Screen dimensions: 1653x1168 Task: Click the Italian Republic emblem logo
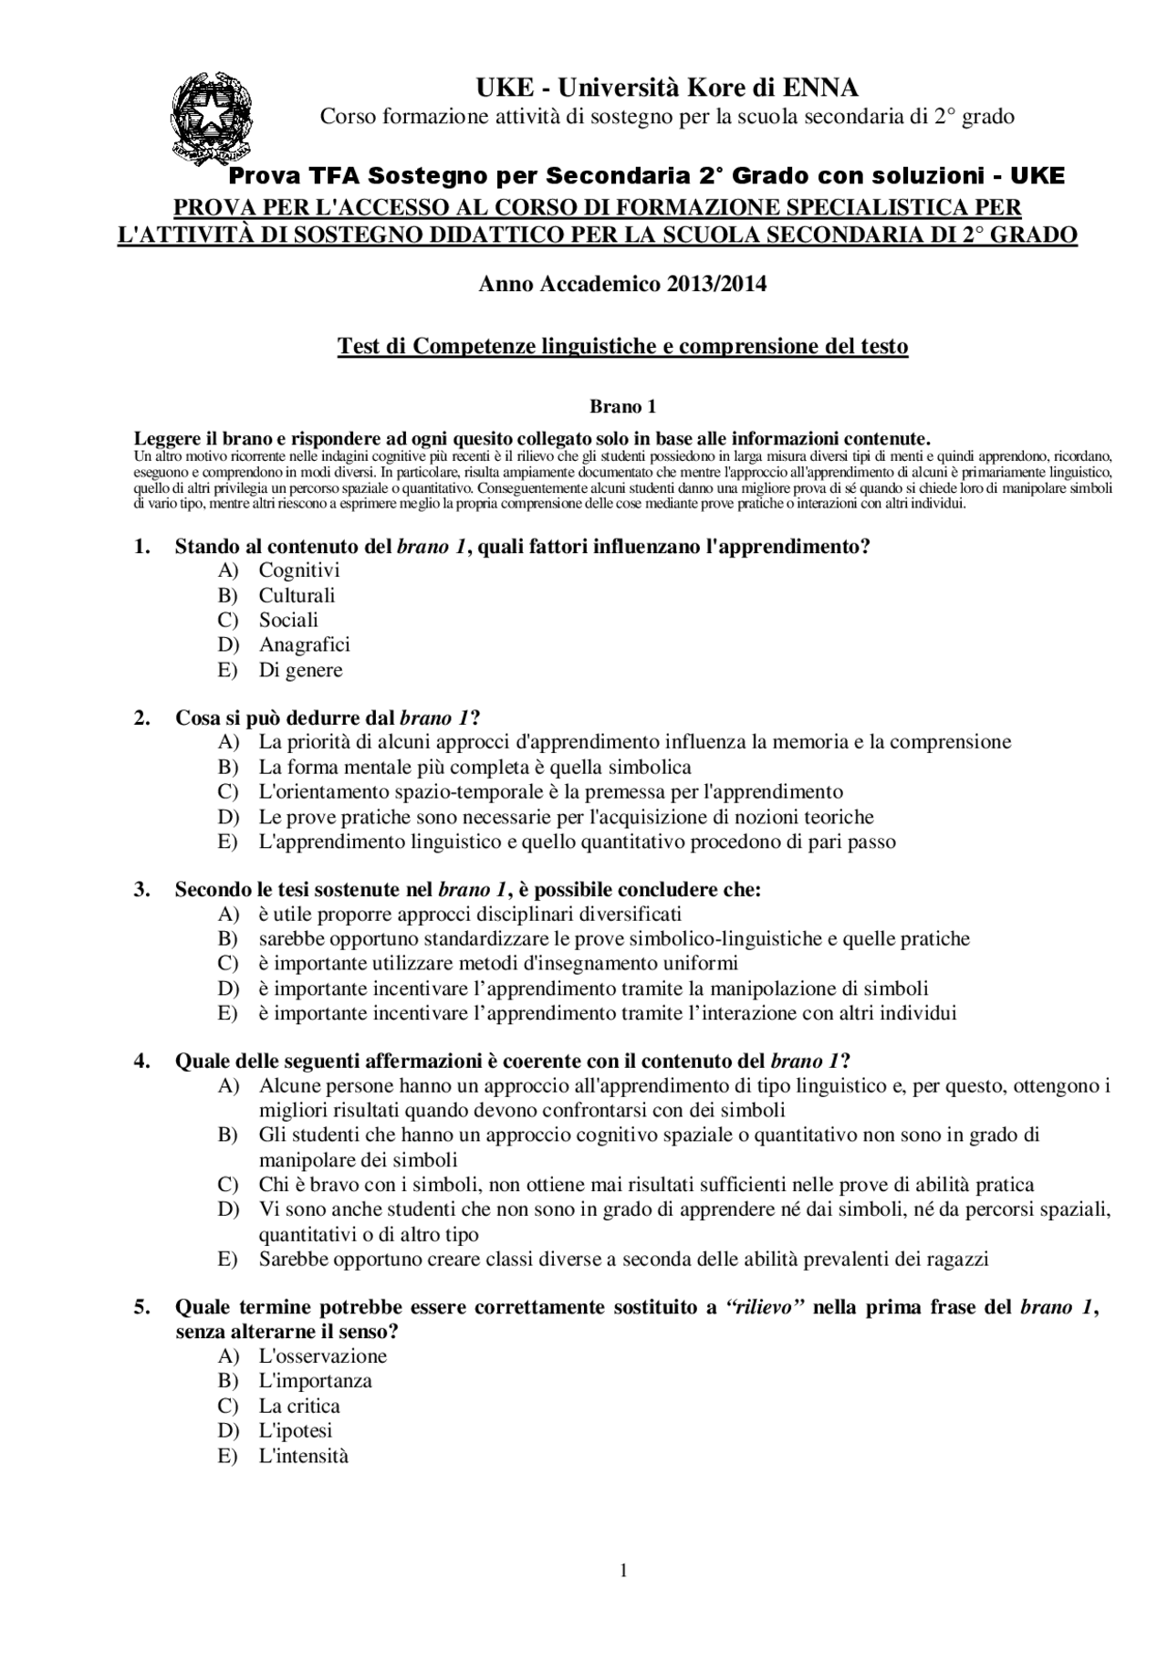coord(212,118)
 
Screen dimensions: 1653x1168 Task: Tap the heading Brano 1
coord(623,406)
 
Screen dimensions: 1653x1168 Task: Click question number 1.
coord(141,547)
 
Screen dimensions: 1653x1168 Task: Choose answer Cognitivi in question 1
coord(299,570)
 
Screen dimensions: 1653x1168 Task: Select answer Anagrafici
coord(304,644)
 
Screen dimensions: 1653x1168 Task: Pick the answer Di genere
coord(300,670)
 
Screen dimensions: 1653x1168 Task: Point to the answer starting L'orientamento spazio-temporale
coord(550,791)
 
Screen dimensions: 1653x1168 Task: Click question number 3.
coord(141,889)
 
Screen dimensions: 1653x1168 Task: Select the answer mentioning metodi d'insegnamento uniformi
coord(498,963)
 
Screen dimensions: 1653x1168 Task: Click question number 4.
coord(141,1061)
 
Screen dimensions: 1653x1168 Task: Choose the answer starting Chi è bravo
coord(646,1185)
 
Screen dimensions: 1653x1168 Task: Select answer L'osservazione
coord(323,1356)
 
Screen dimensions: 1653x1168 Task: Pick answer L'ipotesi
coord(296,1430)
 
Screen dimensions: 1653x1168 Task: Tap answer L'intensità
coord(304,1456)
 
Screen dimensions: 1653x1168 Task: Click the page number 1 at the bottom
coord(623,1570)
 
